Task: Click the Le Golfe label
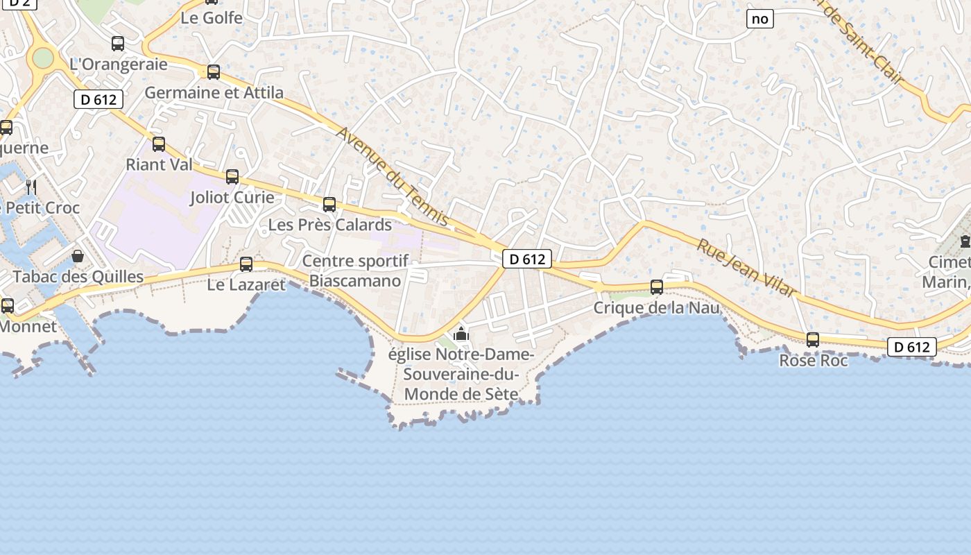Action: [x=212, y=18]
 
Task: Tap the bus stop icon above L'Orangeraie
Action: [x=118, y=44]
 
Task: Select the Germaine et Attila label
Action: [x=214, y=93]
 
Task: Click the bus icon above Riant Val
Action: [x=159, y=144]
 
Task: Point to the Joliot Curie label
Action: [x=232, y=198]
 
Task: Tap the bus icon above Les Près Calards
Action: [x=329, y=205]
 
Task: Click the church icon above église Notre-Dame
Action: [x=461, y=335]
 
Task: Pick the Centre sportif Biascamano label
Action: [x=355, y=271]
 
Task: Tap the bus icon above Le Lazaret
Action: [x=246, y=264]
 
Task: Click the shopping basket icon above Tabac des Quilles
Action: [x=78, y=257]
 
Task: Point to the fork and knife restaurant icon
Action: [x=31, y=187]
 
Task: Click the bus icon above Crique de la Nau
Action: [x=657, y=287]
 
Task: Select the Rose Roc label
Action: [x=813, y=361]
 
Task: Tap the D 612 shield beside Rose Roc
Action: [x=911, y=347]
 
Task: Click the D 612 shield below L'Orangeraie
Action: [x=98, y=100]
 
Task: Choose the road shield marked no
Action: [x=760, y=19]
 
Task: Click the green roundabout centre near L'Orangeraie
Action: [x=43, y=58]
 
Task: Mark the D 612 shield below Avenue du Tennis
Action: [x=527, y=259]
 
